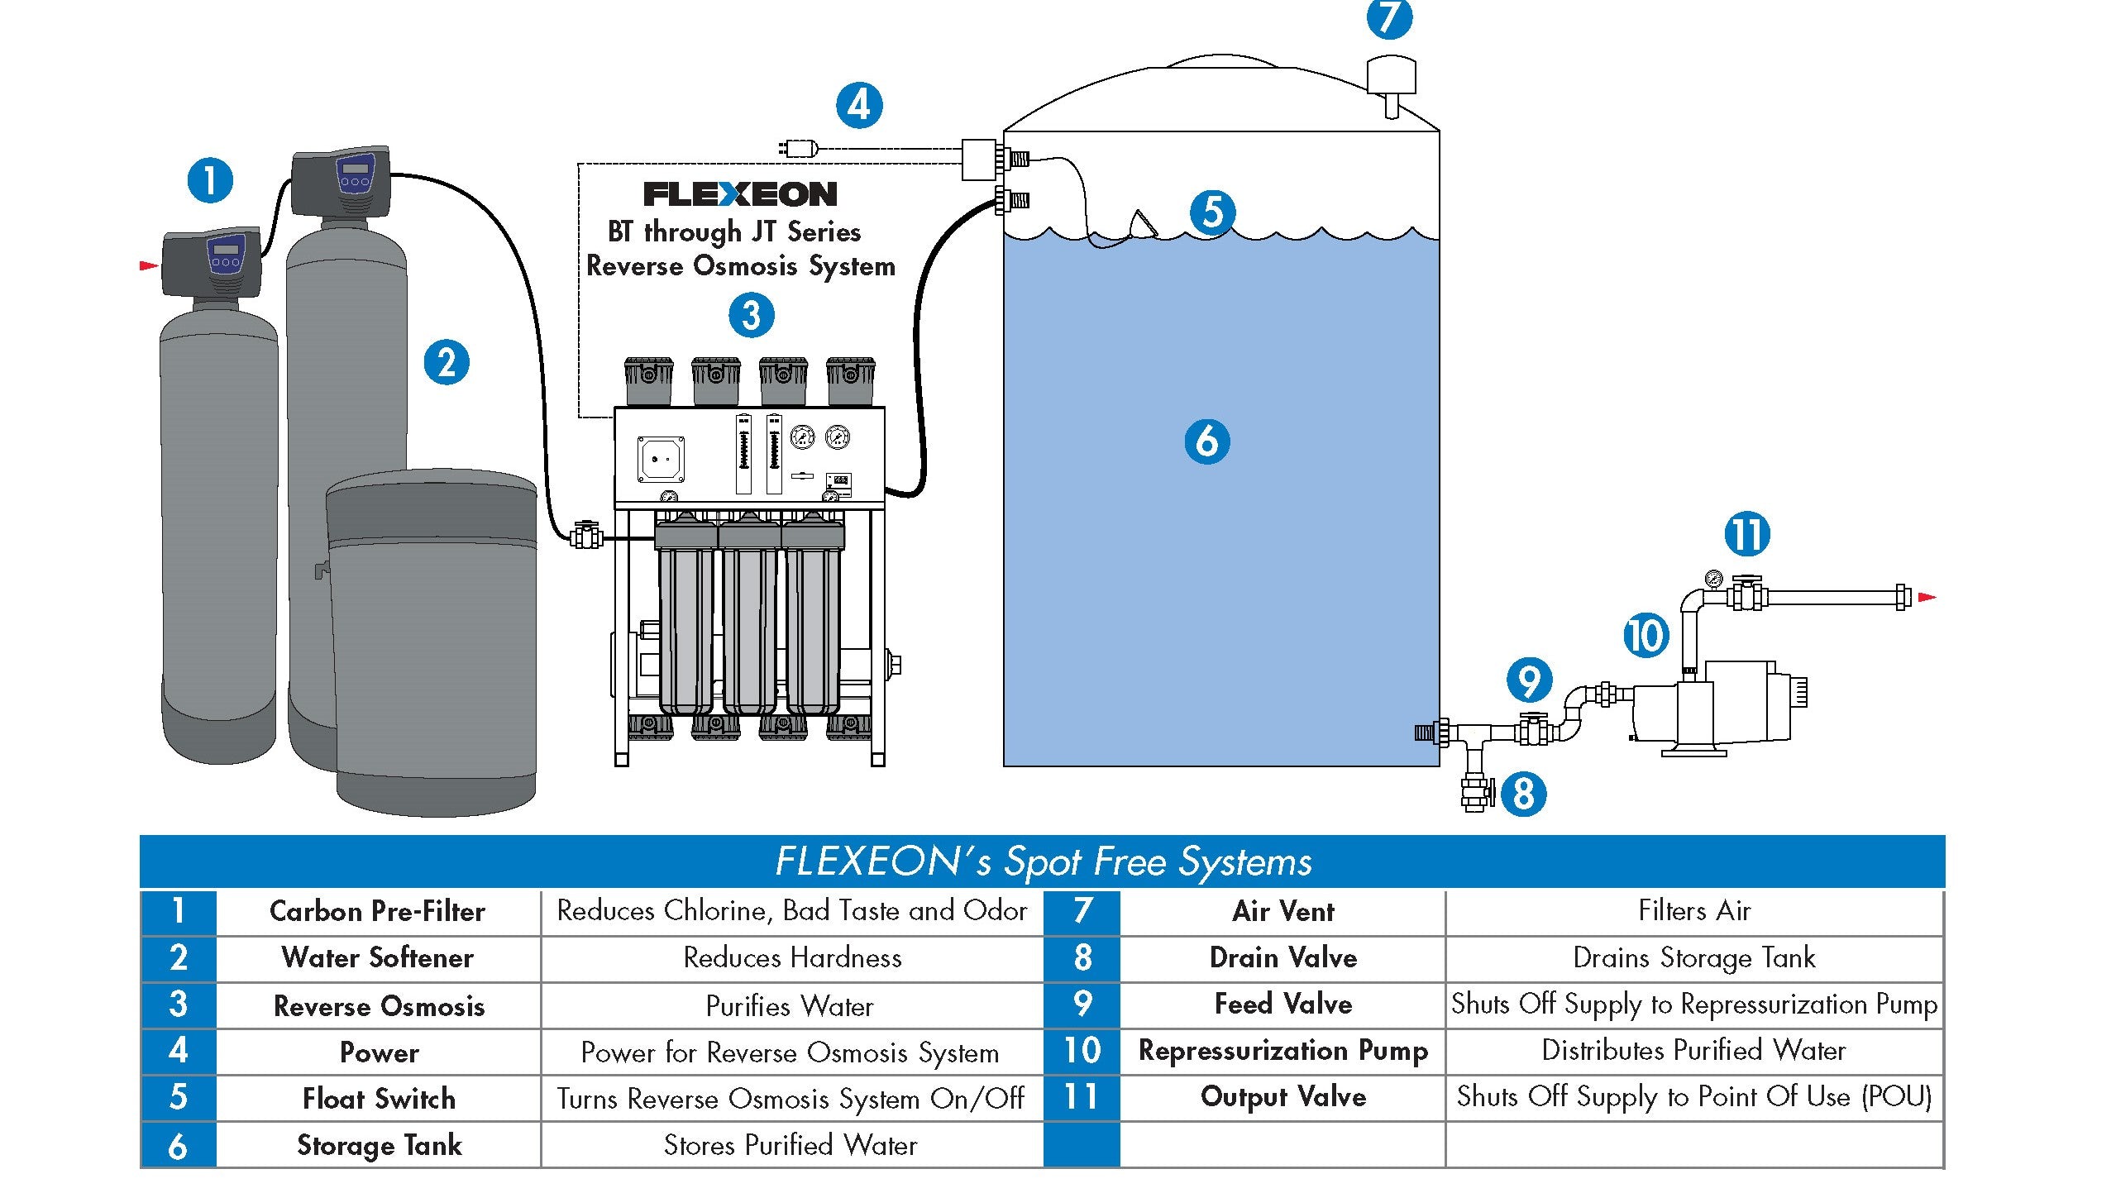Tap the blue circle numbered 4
[x=859, y=106]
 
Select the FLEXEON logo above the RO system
[x=740, y=194]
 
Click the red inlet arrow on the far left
[x=149, y=265]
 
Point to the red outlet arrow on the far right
[x=1927, y=597]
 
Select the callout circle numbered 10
[x=1646, y=636]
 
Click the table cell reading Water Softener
[x=378, y=957]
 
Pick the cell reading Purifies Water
[x=790, y=1005]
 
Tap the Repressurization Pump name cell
[x=1282, y=1050]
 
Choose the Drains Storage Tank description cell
[x=1693, y=957]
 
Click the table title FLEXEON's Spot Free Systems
[x=1043, y=861]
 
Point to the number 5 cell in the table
[x=178, y=1097]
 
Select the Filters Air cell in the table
[x=1693, y=911]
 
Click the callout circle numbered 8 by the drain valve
[x=1523, y=794]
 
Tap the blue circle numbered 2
[x=447, y=363]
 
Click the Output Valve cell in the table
[x=1282, y=1096]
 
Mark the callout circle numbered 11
[x=1746, y=534]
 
